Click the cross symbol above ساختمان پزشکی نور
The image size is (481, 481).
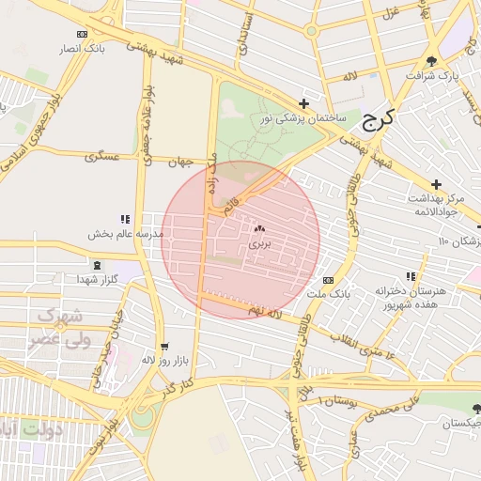pyautogui.click(x=303, y=103)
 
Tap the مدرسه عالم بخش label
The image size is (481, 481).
pyautogui.click(x=127, y=232)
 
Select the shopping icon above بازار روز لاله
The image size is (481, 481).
pyautogui.click(x=165, y=346)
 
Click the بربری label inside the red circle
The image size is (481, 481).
pyautogui.click(x=259, y=242)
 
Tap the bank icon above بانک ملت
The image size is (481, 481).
pyautogui.click(x=328, y=280)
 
